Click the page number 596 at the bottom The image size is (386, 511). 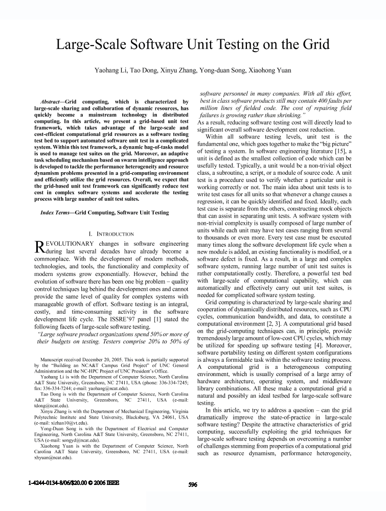[193, 485]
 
